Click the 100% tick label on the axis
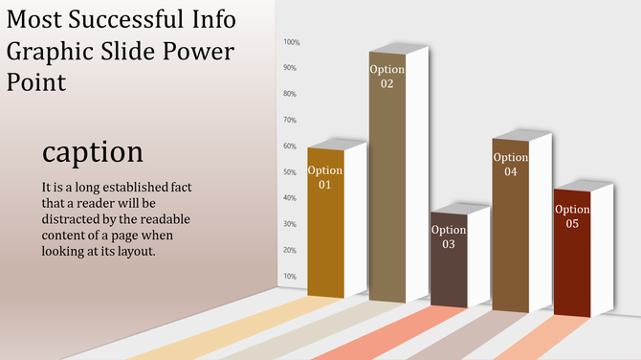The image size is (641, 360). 292,42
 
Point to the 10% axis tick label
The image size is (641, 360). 290,277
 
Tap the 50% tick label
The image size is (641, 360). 290,172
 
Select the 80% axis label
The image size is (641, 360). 290,94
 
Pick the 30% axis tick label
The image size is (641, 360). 290,224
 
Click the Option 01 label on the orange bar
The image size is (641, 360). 325,177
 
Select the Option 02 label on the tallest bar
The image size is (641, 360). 387,77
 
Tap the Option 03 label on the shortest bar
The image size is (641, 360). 449,236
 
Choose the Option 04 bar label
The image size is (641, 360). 511,164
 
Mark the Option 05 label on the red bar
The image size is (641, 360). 572,216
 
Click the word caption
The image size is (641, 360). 93,152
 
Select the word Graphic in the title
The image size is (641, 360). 44,52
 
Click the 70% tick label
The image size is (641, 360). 290,120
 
